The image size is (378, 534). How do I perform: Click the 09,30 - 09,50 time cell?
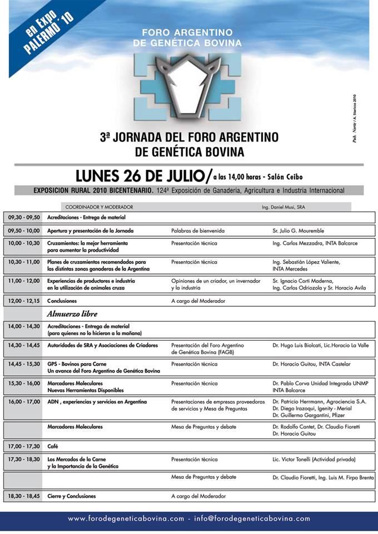point(24,217)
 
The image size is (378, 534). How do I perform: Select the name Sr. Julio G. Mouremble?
point(298,231)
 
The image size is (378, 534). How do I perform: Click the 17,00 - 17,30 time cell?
point(24,447)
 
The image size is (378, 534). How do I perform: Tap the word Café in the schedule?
point(53,447)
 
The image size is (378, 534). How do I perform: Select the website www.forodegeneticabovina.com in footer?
point(126,518)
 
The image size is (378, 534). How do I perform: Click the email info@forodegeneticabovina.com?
point(252,518)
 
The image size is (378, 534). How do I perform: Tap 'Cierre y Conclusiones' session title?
point(72,496)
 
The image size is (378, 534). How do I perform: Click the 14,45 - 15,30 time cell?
point(24,364)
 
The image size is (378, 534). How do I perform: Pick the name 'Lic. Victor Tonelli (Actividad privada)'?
point(314,460)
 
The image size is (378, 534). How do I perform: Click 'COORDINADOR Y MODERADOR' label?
point(99,207)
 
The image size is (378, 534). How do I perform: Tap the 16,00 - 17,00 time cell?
point(24,401)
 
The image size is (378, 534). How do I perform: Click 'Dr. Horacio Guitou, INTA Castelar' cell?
point(311,364)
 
